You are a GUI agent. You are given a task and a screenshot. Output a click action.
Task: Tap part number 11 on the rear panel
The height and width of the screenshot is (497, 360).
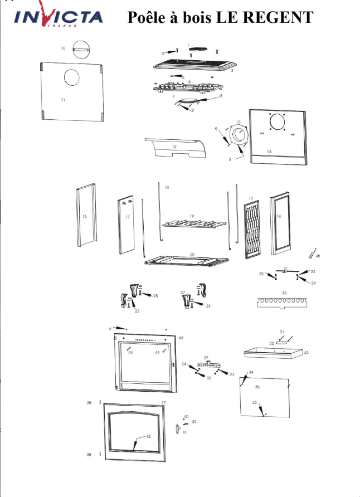63,99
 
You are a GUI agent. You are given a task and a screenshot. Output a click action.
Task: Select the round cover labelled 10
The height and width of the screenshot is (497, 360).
82,48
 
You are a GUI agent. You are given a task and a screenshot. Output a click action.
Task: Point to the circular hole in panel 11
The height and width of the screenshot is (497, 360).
72,77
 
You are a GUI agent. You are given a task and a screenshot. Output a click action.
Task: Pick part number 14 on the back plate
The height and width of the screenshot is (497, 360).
269,152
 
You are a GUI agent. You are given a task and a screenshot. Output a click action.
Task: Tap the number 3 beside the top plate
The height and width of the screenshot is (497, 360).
231,71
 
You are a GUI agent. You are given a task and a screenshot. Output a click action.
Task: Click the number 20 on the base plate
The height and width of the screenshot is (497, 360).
192,255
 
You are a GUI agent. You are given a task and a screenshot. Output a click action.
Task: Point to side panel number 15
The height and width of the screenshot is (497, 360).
85,216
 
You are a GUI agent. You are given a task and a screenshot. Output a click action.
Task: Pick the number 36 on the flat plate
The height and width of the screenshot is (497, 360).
257,386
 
